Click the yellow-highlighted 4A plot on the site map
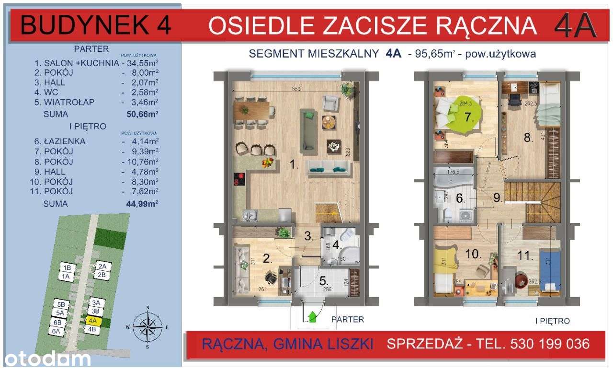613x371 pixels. pyautogui.click(x=93, y=321)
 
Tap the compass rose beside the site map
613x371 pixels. pyautogui.click(x=148, y=326)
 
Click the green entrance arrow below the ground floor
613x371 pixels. pyautogui.click(x=313, y=317)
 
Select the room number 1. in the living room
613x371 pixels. pyautogui.click(x=294, y=166)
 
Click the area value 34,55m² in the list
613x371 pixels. pyautogui.click(x=142, y=63)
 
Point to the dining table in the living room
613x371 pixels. pyautogui.click(x=250, y=110)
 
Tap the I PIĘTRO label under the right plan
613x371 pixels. pyautogui.click(x=552, y=321)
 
